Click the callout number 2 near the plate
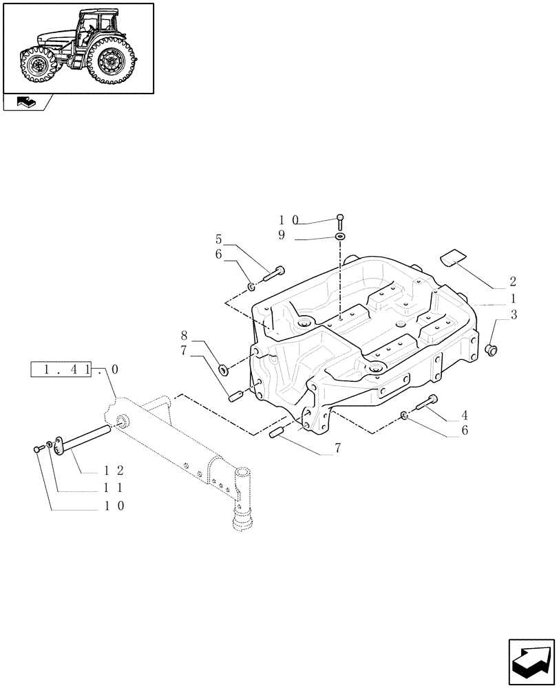click(513, 282)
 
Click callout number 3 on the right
click(513, 315)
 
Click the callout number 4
click(465, 415)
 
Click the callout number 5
click(218, 239)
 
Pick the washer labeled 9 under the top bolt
click(340, 237)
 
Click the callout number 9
click(282, 235)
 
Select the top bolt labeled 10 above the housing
click(340, 221)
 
